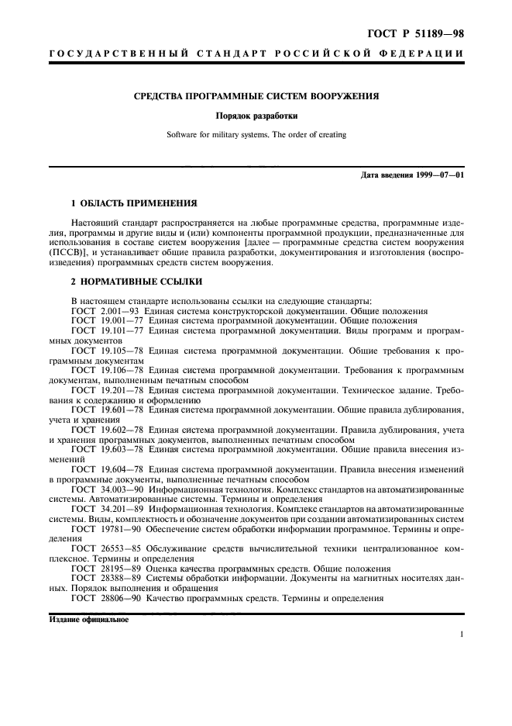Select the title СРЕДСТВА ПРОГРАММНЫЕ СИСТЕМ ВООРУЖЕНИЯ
[x=256, y=97]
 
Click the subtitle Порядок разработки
[x=256, y=116]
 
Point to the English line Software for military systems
[x=256, y=135]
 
